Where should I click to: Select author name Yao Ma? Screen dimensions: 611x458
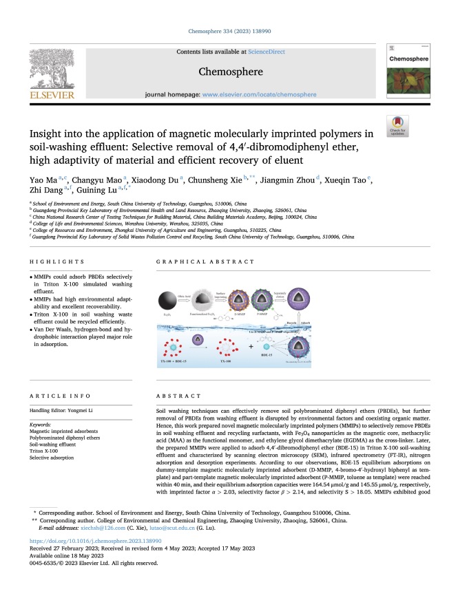[40, 180]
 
